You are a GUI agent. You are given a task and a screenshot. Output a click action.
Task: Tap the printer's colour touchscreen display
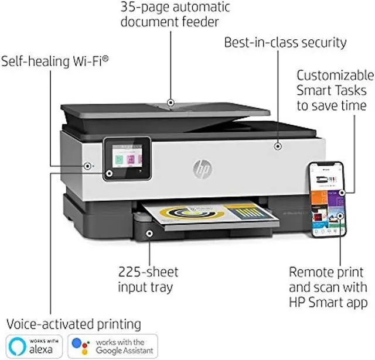point(127,159)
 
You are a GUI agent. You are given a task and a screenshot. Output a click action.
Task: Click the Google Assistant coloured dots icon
point(82,346)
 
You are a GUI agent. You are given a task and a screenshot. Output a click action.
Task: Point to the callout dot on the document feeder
point(171,102)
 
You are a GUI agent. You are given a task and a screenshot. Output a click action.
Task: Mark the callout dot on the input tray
point(149,234)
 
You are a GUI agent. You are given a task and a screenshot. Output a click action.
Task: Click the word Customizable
point(335,76)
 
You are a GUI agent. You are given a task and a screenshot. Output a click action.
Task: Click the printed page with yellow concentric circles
point(193,214)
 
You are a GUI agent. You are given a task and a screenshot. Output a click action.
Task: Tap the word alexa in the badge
point(46,350)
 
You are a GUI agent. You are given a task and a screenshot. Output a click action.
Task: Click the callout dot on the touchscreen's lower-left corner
point(108,174)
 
